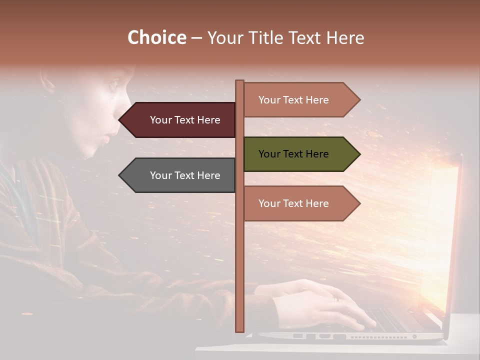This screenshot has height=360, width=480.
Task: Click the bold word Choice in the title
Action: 156,37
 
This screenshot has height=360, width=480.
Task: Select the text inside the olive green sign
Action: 293,154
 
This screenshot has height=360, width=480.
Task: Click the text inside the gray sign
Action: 185,175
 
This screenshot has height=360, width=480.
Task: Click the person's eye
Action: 113,86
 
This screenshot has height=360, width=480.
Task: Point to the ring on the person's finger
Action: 336,299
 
